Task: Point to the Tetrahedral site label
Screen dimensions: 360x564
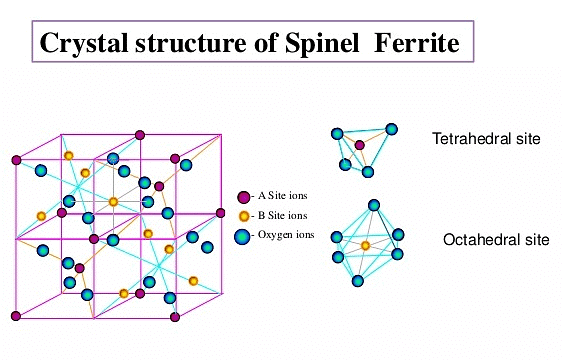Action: pos(486,139)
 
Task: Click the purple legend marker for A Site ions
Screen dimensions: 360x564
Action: pos(242,196)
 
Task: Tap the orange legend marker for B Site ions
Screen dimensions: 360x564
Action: pos(242,215)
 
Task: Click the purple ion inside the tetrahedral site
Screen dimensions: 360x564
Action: pos(360,146)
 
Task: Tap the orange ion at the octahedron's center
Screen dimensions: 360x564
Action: pos(365,246)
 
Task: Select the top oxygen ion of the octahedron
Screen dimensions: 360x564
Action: pos(373,206)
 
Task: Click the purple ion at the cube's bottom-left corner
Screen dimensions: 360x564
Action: pos(16,316)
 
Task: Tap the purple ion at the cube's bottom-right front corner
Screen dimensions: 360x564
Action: pos(176,317)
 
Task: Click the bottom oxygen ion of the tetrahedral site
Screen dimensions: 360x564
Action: pos(368,172)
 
